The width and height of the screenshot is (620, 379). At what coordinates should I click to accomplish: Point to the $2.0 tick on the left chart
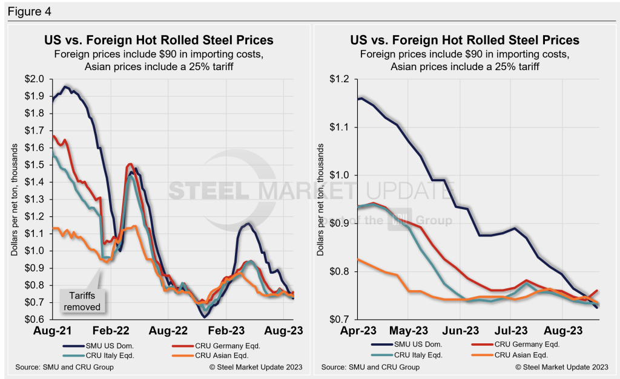pyautogui.click(x=35, y=79)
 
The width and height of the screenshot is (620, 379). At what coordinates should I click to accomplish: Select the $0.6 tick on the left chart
pyautogui.click(x=35, y=319)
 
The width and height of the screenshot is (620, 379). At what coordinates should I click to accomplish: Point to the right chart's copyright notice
pyautogui.click(x=560, y=367)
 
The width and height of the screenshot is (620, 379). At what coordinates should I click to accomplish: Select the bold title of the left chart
pyautogui.click(x=159, y=40)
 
